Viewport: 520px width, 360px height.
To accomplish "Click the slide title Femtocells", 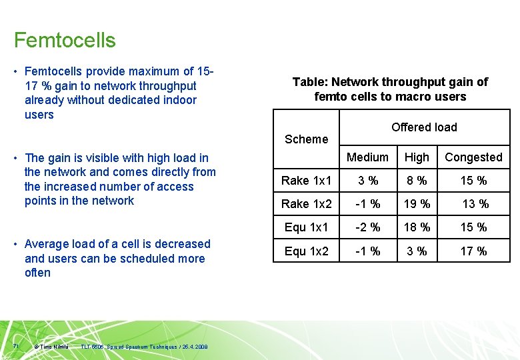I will click(x=65, y=40).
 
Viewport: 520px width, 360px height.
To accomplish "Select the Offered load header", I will click(x=424, y=127).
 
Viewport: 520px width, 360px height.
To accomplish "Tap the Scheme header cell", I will click(x=306, y=139).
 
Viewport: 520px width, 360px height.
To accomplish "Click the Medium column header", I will click(x=367, y=157).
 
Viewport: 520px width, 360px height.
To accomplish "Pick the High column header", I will click(x=417, y=157).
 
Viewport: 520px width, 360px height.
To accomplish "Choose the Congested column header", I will click(x=473, y=157).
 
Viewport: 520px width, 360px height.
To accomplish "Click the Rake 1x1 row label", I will click(x=306, y=181).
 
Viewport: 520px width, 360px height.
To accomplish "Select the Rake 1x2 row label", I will click(x=306, y=204).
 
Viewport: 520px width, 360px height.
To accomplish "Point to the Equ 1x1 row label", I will click(x=306, y=227).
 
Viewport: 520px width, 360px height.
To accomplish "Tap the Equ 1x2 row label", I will click(x=306, y=251).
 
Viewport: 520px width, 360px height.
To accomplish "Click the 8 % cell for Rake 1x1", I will click(x=417, y=181).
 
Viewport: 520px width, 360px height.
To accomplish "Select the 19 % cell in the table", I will click(x=417, y=204).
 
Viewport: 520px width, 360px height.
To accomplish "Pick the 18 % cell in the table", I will click(x=417, y=227).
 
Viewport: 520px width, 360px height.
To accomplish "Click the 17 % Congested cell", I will click(x=473, y=251).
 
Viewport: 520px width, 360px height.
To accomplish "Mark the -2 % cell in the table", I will click(x=367, y=227).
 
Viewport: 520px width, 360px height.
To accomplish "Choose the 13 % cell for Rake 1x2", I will click(x=475, y=204).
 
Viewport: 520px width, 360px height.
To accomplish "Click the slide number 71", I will click(x=16, y=346).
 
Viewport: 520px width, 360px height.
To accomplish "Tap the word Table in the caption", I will click(x=309, y=82).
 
